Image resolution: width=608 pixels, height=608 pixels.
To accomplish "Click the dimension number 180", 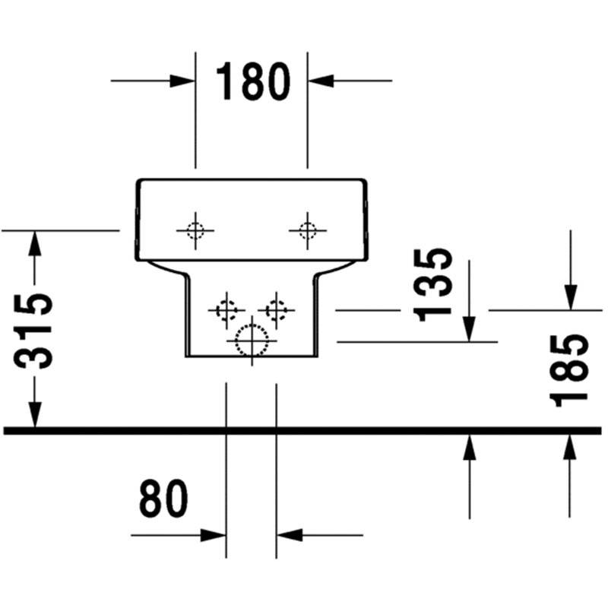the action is [253, 81].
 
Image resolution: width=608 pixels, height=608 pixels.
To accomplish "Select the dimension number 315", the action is [33, 331].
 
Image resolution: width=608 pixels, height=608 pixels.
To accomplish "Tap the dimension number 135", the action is [432, 285].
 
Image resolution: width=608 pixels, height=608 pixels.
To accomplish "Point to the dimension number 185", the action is [568, 370].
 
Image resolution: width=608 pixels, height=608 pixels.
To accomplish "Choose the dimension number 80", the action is [163, 498].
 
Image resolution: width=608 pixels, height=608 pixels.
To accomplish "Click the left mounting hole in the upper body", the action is [195, 231].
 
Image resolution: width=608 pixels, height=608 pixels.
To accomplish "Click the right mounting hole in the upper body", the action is [308, 231].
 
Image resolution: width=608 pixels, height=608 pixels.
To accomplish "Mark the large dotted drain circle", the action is [252, 340].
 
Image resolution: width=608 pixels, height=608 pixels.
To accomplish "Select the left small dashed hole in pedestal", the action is [226, 310].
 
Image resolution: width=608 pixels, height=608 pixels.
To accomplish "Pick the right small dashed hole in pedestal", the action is [276, 310].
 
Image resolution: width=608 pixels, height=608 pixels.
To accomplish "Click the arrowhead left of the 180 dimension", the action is [182, 81].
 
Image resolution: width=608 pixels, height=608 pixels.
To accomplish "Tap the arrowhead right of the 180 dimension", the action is [321, 81].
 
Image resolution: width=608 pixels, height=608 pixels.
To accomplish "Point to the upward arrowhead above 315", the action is [34, 243].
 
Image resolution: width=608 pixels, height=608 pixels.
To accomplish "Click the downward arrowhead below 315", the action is [34, 414].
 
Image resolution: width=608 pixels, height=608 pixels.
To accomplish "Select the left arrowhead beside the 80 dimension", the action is [213, 535].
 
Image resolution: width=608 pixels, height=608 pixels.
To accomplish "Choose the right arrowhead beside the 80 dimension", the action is [290, 535].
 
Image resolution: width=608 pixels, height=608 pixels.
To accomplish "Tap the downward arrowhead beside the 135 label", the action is [469, 329].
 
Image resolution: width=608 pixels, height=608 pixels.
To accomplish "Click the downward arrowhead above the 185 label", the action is [571, 297].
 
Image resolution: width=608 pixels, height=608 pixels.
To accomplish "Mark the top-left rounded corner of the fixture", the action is [139, 182].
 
